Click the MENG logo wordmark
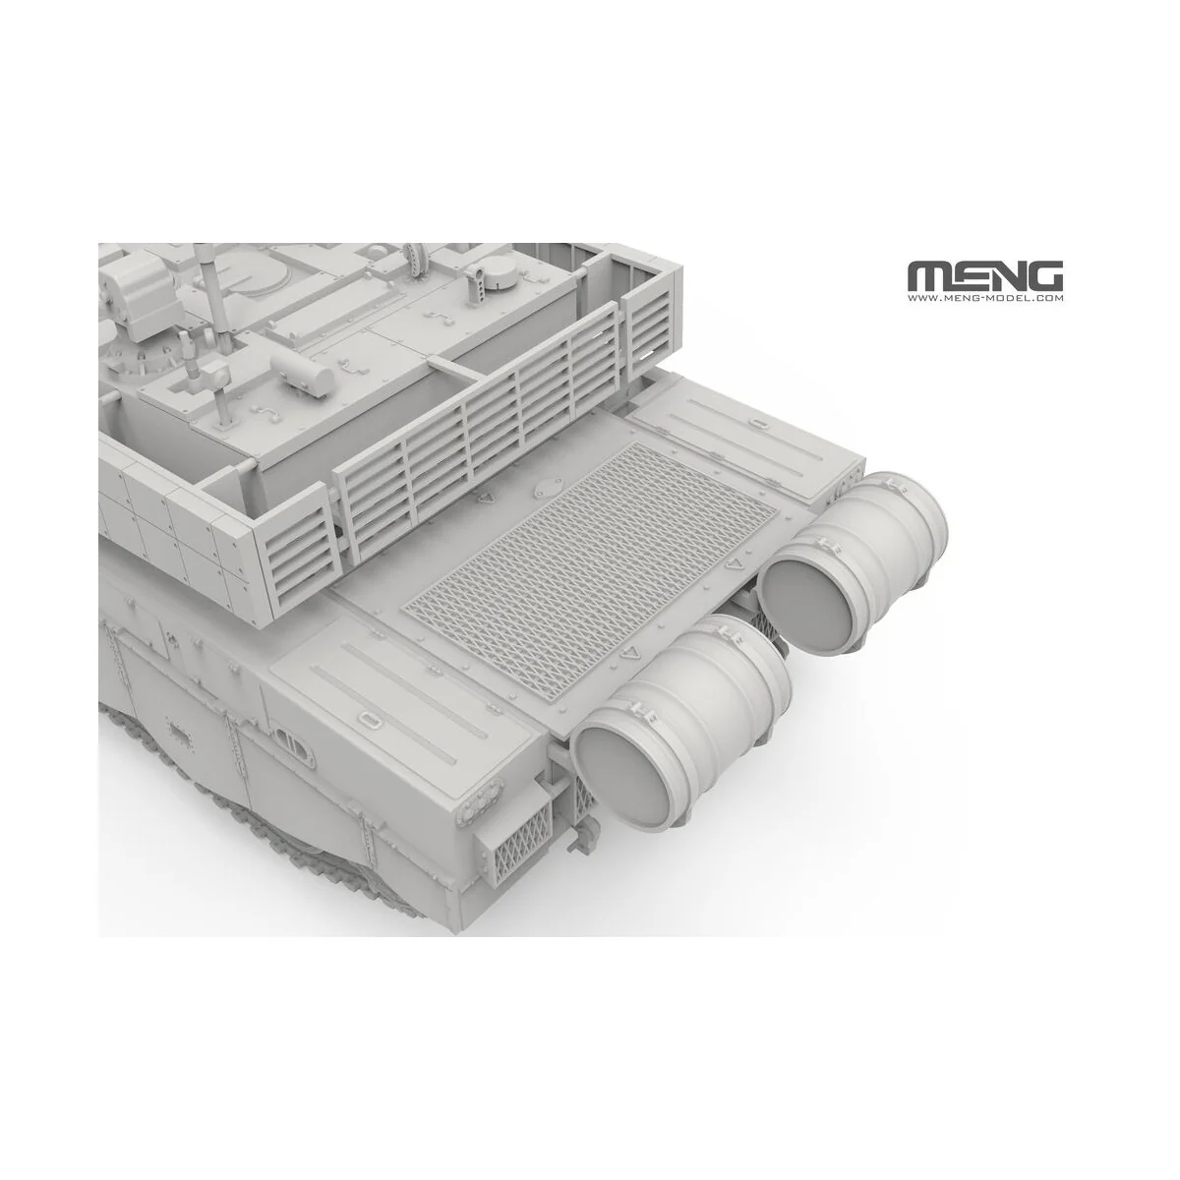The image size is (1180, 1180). pyautogui.click(x=984, y=275)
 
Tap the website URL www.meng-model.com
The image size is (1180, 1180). pyautogui.click(x=984, y=298)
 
